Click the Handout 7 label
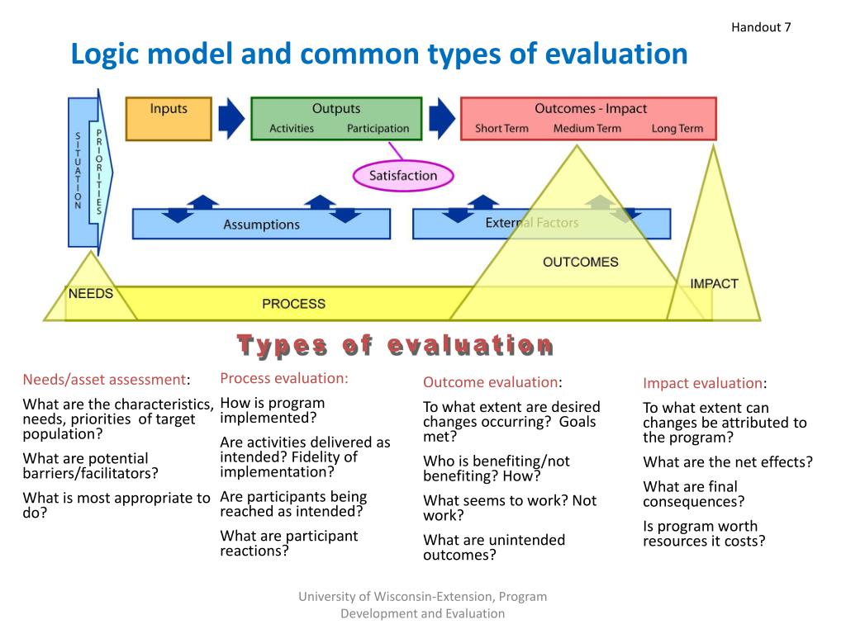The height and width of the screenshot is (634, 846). click(x=761, y=27)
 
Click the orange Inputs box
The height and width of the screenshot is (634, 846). click(x=169, y=118)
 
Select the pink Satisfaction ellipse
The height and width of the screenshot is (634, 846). click(x=403, y=176)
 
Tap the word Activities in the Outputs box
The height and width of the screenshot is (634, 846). click(x=292, y=129)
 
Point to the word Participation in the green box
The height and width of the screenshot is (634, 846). click(x=378, y=129)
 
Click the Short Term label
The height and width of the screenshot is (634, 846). click(x=501, y=129)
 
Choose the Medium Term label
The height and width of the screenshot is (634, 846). click(x=587, y=129)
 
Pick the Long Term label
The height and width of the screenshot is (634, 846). click(x=677, y=129)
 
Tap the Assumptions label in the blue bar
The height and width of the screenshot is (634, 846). click(x=261, y=225)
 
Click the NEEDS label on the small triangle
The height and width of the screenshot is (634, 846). click(x=90, y=294)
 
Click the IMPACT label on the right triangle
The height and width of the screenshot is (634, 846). click(x=714, y=284)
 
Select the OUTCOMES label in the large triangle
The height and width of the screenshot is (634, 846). click(x=580, y=263)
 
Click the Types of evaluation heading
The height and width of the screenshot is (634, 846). click(x=395, y=345)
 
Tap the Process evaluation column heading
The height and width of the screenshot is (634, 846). click(x=284, y=379)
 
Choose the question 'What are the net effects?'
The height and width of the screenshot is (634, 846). click(x=728, y=462)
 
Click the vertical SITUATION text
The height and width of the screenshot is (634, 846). click(x=78, y=171)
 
